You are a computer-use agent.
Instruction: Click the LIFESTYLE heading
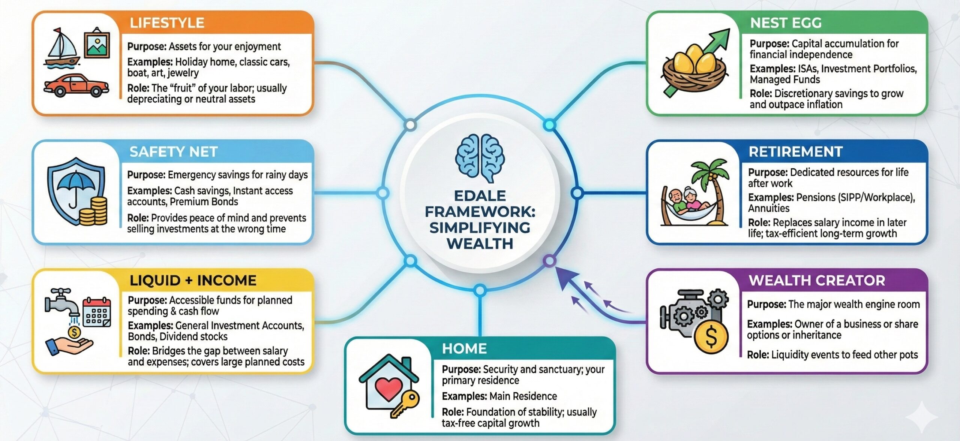coord(167,23)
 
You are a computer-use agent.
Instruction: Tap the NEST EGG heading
coord(786,23)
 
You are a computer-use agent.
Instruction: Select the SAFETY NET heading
coord(173,152)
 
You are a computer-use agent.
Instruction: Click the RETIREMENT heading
coord(795,152)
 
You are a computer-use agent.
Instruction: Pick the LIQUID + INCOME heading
coord(193,280)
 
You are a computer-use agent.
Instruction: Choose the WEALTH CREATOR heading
coord(817,280)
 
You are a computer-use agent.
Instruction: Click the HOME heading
coord(464,348)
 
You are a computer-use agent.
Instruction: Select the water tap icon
coord(61,302)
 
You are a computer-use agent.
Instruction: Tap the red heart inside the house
coord(388,388)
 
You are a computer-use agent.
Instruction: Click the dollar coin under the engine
coord(711,336)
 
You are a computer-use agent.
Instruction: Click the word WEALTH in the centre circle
coord(480,244)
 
